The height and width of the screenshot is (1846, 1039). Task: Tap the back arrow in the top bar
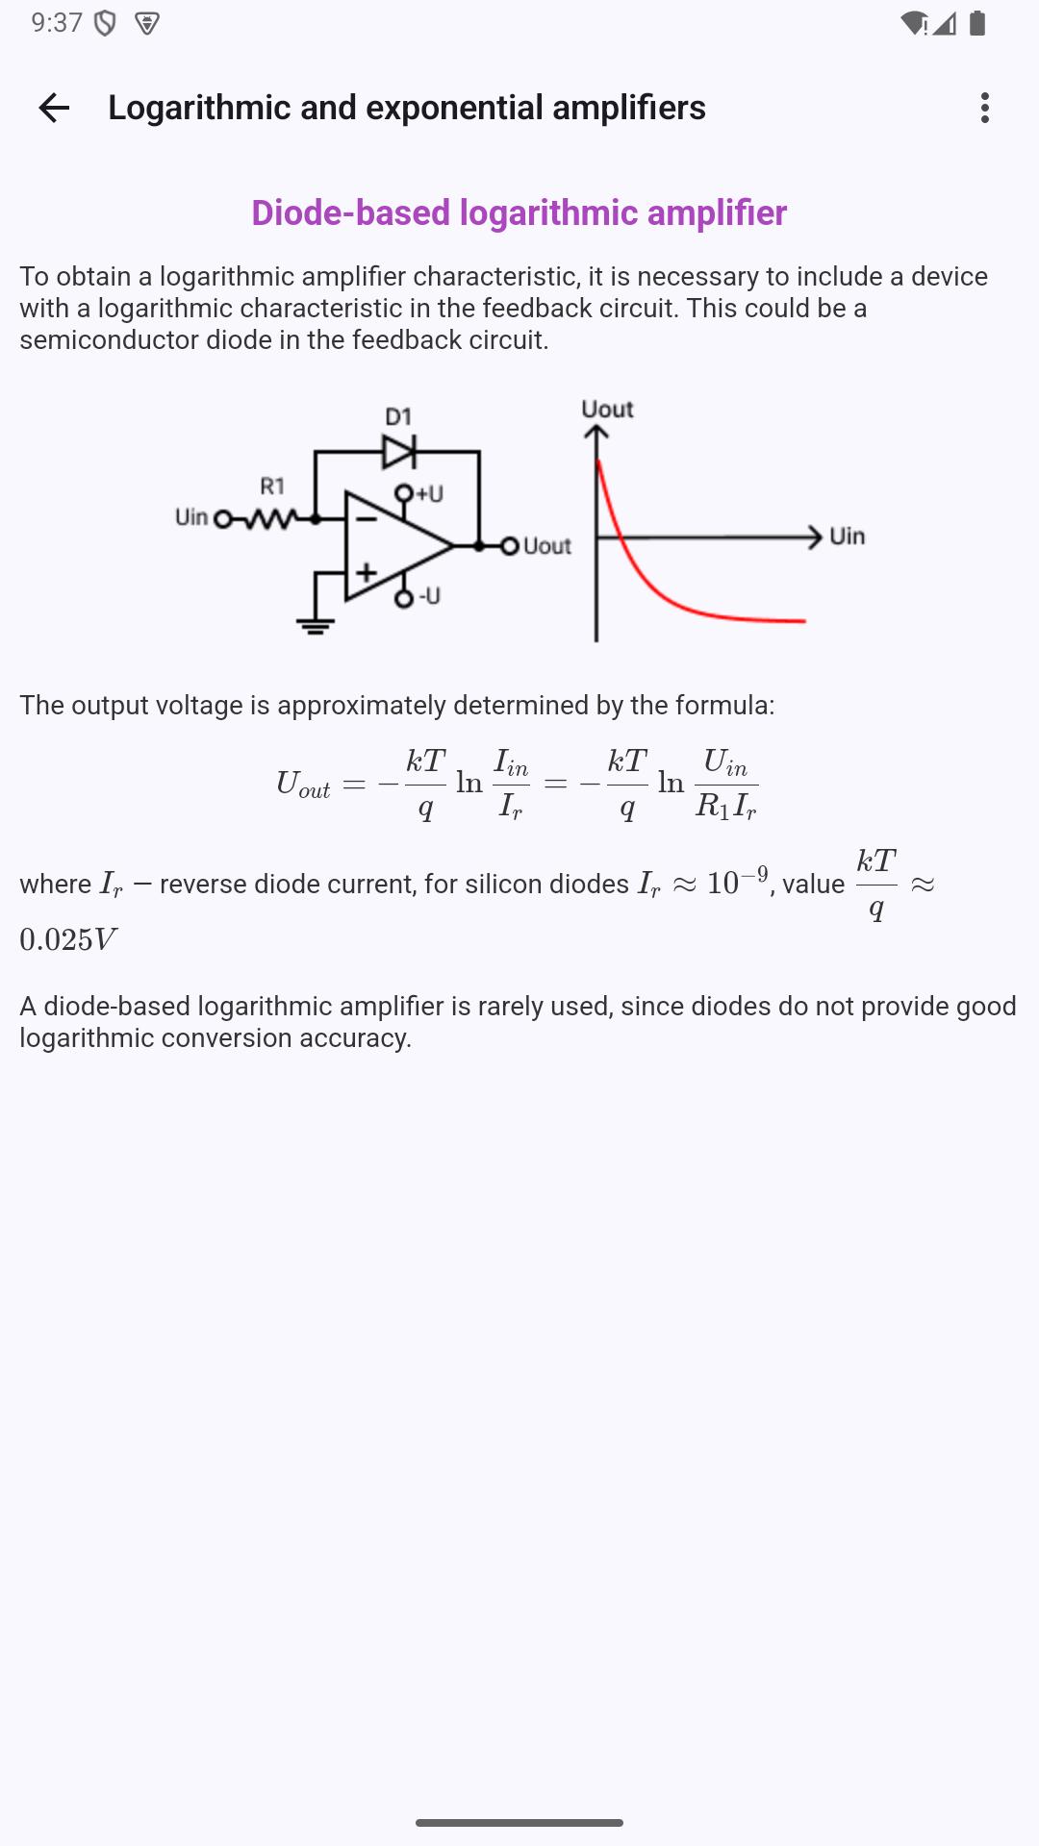pos(54,108)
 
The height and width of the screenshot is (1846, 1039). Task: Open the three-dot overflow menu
pos(984,108)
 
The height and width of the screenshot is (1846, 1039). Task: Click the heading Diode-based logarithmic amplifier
pos(519,212)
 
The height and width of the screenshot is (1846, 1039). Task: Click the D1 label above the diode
pos(398,416)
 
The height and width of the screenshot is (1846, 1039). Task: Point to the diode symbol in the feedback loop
pos(399,450)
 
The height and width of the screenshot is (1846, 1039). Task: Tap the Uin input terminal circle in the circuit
pos(223,519)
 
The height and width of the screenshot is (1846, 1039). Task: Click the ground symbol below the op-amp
pos(316,626)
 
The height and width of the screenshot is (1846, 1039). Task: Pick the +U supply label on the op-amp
pos(429,493)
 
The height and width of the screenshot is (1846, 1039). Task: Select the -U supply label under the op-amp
pos(429,596)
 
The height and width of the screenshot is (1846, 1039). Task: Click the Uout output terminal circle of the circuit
pos(510,546)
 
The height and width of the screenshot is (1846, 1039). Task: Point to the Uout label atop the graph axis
pos(607,410)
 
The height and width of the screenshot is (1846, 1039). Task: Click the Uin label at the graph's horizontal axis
pos(848,536)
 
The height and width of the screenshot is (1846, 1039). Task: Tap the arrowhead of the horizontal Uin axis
pos(815,536)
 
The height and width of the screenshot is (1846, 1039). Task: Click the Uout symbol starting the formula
pos(303,785)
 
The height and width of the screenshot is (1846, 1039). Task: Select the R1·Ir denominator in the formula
pos(726,806)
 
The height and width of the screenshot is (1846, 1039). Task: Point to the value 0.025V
pos(68,939)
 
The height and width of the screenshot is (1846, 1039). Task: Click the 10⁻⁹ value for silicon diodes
pos(737,881)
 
